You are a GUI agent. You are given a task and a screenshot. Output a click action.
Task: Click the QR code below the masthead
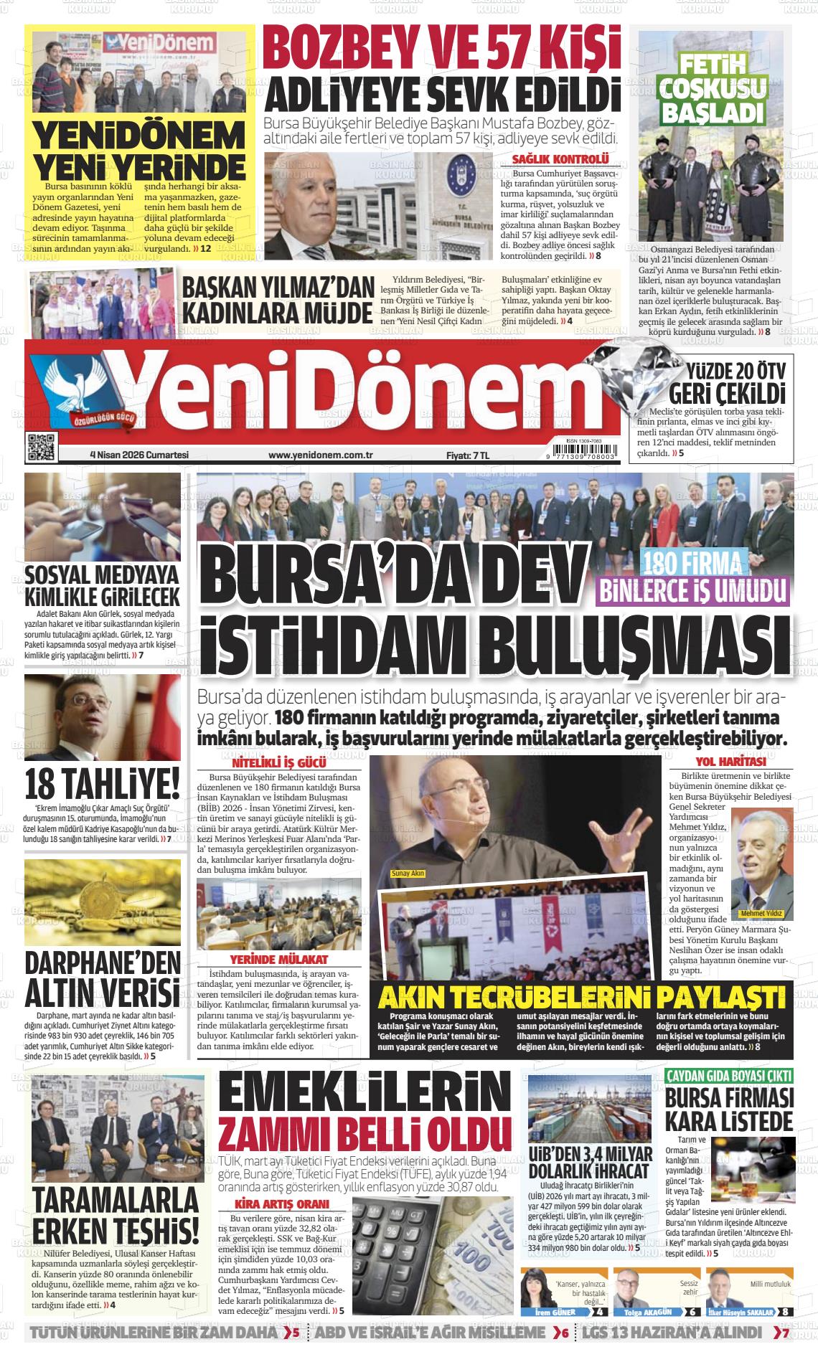(41, 448)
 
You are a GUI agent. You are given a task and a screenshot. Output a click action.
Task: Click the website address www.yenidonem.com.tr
(320, 455)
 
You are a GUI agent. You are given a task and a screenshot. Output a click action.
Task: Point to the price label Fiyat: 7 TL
(467, 455)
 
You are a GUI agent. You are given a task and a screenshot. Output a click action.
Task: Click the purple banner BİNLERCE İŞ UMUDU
(692, 590)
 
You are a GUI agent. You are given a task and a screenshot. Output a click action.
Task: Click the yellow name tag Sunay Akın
(408, 874)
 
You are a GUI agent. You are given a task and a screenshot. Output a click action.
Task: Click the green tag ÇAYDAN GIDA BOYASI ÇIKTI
(729, 1076)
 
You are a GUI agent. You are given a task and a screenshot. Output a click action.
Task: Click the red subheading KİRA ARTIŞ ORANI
(282, 1204)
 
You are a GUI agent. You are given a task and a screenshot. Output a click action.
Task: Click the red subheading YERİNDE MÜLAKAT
(279, 960)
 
